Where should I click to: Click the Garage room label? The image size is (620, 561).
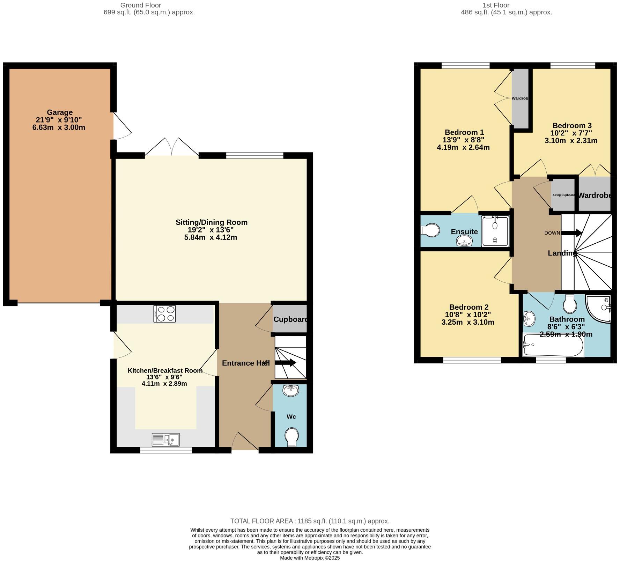[60, 112]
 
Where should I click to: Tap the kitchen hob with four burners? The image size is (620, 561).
[164, 313]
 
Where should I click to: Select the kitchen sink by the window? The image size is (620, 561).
[165, 440]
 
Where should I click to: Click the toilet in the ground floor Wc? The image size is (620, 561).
[291, 437]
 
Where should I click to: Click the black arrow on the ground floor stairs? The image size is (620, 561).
[286, 363]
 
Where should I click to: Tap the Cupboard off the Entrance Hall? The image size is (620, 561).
[290, 319]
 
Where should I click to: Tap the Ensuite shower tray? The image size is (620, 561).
[495, 231]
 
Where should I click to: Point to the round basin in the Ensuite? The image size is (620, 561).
[464, 241]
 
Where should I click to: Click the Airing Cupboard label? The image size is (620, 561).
[563, 195]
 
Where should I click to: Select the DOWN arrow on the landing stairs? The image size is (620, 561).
[572, 233]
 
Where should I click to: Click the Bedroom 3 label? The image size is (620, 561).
[572, 126]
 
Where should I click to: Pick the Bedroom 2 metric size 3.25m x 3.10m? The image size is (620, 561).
[467, 322]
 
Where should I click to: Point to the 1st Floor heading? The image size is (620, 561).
[496, 5]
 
